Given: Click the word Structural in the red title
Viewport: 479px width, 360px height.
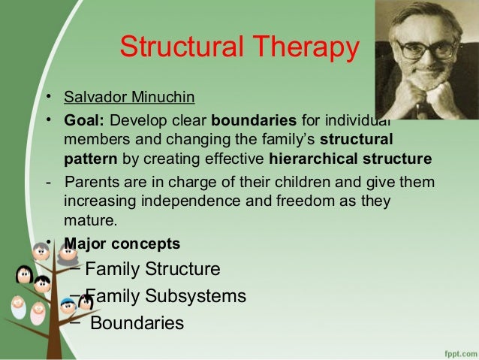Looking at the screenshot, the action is pyautogui.click(x=182, y=46).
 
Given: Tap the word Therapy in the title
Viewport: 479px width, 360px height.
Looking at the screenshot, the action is pyautogui.click(x=306, y=47).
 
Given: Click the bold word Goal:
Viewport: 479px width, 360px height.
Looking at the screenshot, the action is pyautogui.click(x=84, y=120).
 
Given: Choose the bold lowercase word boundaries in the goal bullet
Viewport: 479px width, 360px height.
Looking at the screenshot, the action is pyautogui.click(x=254, y=120).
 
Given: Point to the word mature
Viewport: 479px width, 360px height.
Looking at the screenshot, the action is pyautogui.click(x=89, y=220).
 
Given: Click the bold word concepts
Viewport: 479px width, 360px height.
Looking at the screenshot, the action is pyautogui.click(x=146, y=244).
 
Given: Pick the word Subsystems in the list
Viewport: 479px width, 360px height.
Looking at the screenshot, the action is pyautogui.click(x=195, y=296).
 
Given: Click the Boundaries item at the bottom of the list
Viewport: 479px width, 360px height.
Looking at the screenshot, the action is pyautogui.click(x=137, y=322).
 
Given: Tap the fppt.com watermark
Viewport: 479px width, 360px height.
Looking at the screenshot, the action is pyautogui.click(x=461, y=354).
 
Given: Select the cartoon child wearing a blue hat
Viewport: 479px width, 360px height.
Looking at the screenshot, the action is pyautogui.click(x=68, y=306).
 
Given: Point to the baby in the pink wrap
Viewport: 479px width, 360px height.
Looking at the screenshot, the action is pyautogui.click(x=38, y=313).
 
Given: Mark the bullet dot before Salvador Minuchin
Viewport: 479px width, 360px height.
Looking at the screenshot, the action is pyautogui.click(x=49, y=97).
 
